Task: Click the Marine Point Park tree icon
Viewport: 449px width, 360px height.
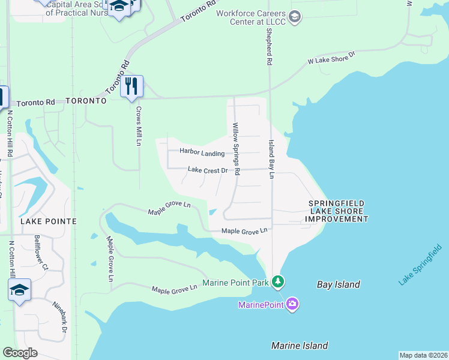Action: tap(277, 281)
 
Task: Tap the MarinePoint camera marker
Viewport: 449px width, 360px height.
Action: tap(292, 304)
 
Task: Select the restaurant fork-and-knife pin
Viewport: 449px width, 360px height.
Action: tap(131, 86)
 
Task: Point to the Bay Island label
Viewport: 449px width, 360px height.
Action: tap(339, 284)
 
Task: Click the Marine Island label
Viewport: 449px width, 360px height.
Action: tap(300, 346)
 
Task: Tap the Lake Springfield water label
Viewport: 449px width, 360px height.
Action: tap(424, 265)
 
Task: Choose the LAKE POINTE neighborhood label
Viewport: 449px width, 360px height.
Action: tap(49, 221)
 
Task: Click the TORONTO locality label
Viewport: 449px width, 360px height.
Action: tap(86, 101)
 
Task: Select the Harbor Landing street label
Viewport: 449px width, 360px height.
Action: tap(202, 153)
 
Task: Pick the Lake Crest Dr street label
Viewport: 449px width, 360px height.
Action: tap(208, 170)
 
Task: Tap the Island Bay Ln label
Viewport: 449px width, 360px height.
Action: tap(271, 159)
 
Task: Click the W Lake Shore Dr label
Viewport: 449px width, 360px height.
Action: tap(331, 58)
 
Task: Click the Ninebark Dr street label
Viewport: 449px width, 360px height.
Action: tap(59, 317)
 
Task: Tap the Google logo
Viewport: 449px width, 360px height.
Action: tap(20, 353)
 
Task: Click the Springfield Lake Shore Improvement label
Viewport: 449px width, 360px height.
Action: tap(336, 212)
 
